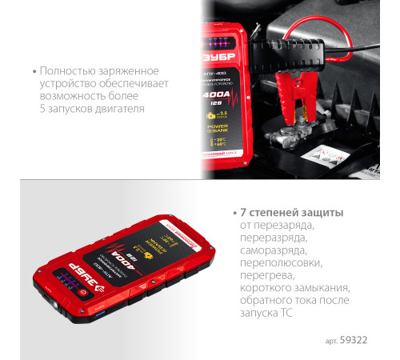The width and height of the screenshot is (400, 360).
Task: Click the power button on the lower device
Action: point(82,293)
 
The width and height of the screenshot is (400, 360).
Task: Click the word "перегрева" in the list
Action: point(263,274)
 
